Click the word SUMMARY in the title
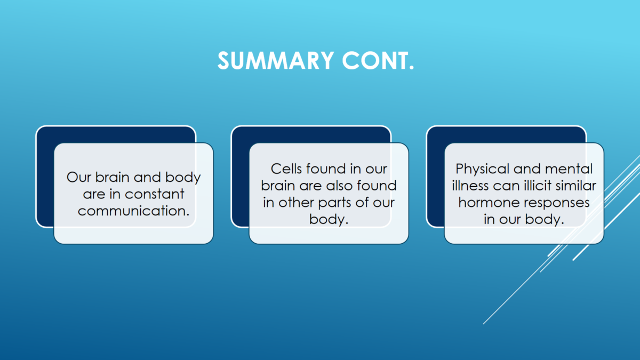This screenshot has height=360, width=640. [x=276, y=61]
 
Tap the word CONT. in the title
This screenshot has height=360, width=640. [x=378, y=61]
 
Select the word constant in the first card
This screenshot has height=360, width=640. [x=154, y=194]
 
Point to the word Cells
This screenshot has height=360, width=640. [x=286, y=169]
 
